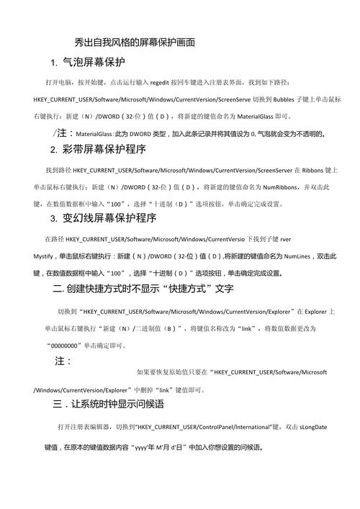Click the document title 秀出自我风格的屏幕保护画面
135,42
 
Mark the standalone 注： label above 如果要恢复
63,361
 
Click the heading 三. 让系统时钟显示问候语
109,405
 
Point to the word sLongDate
312,427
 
